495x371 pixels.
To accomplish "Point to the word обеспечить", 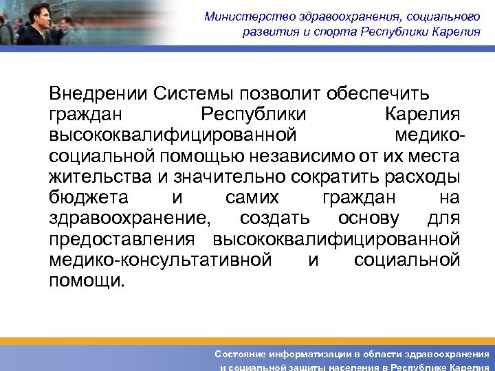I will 378,93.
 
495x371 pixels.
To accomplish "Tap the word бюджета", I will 89,198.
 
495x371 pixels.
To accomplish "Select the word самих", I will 252,198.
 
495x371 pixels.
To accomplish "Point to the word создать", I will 275,219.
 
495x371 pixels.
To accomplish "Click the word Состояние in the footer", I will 240,353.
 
